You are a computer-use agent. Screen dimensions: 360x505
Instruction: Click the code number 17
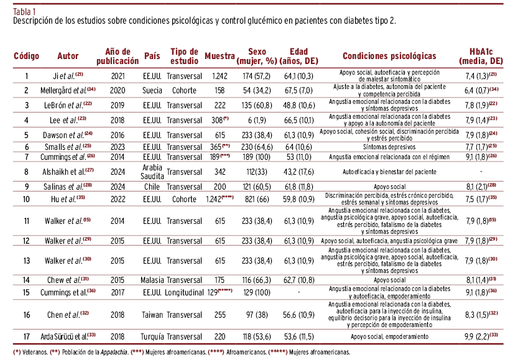(x=27, y=336)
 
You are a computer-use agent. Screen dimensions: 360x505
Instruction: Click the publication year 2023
(x=118, y=146)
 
